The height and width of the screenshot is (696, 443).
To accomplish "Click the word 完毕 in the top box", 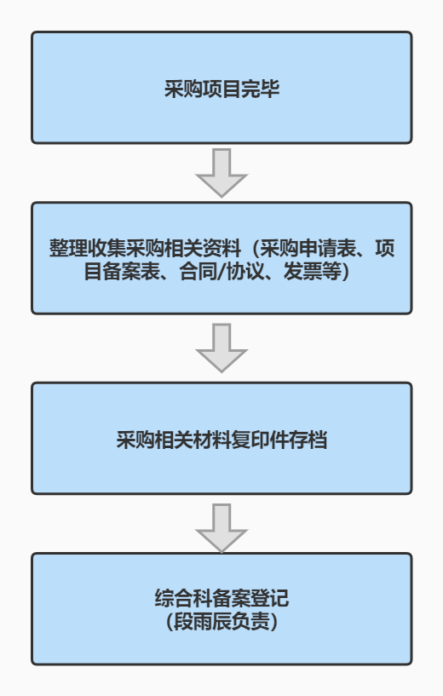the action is pyautogui.click(x=260, y=89).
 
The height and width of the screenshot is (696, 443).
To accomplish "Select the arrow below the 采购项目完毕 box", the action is pyautogui.click(x=221, y=173).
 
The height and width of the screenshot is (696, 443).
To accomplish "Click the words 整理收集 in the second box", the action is pyautogui.click(x=88, y=248).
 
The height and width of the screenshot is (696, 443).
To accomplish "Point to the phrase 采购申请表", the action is pyautogui.click(x=308, y=248).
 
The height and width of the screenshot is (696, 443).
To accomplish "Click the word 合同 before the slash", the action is pyautogui.click(x=198, y=272).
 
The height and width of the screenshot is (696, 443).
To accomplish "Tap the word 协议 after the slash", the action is pyautogui.click(x=245, y=272).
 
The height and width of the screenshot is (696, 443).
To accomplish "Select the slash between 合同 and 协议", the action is pyautogui.click(x=222, y=272).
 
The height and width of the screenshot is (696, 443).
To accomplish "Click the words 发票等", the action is pyautogui.click(x=312, y=272).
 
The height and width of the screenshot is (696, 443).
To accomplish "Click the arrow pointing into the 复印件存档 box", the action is pyautogui.click(x=221, y=348).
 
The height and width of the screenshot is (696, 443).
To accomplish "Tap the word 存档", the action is pyautogui.click(x=308, y=440).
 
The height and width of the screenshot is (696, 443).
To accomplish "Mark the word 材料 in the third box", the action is pyautogui.click(x=212, y=440).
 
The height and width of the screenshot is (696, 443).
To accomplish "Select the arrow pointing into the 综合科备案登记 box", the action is pyautogui.click(x=221, y=528).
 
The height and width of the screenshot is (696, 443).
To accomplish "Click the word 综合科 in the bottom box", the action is pyautogui.click(x=183, y=598).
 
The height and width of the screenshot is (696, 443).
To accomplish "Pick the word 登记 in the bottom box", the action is pyautogui.click(x=270, y=598).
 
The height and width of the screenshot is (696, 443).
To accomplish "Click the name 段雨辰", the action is pyautogui.click(x=203, y=621).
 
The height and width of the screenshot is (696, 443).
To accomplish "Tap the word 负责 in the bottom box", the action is pyautogui.click(x=250, y=621).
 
